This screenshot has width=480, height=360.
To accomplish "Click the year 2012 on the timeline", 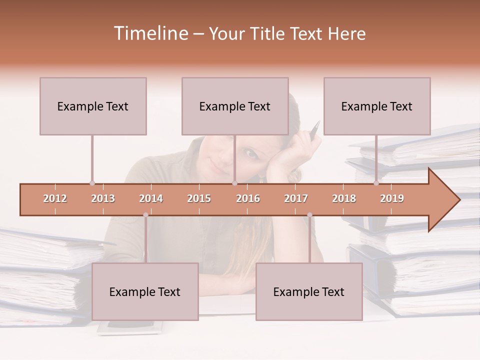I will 55,198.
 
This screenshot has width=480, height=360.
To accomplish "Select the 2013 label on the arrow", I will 103,198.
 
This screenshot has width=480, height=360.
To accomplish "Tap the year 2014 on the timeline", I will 151,198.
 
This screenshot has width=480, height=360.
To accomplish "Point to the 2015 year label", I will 199,198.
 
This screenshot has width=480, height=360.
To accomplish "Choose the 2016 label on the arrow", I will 248,198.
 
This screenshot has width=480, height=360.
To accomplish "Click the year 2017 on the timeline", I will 296,198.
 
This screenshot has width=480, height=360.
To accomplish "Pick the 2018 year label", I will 344,198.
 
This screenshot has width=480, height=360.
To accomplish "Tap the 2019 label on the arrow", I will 392,198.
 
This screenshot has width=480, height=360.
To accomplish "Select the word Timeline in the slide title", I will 150,33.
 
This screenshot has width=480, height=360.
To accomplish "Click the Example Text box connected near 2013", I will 93,106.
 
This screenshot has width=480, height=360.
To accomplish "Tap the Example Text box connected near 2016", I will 235,106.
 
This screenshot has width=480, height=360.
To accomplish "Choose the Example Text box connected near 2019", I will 377,106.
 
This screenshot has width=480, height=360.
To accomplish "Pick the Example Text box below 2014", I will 145,291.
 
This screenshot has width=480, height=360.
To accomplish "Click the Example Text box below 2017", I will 309,291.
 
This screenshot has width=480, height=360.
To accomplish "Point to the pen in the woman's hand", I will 314,130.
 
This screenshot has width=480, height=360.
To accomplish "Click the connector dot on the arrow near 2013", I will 92,183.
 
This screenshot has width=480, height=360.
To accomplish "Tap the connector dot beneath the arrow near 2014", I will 145,215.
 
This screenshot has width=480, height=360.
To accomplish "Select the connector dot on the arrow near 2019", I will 376,183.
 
